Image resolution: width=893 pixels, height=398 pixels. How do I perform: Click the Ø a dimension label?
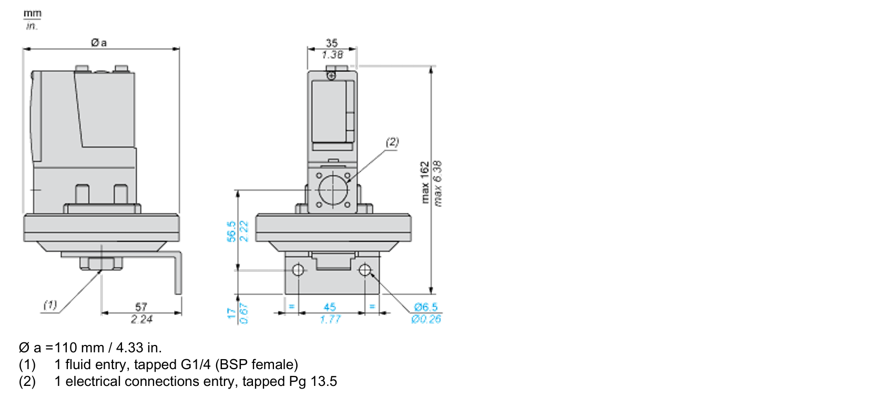[99, 43]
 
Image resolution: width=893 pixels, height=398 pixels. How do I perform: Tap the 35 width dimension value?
[332, 43]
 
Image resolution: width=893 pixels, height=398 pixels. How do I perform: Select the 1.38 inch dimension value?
[332, 55]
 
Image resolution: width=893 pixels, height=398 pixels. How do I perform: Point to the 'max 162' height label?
[425, 183]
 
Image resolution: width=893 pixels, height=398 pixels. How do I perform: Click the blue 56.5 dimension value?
[231, 231]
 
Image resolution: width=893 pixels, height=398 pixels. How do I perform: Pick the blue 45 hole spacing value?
[330, 307]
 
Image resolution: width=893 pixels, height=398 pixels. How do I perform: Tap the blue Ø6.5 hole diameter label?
[426, 307]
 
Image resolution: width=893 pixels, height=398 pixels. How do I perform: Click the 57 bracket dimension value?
[141, 307]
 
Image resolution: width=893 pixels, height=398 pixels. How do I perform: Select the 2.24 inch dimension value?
[141, 319]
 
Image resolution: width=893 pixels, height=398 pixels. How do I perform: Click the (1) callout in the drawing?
[50, 305]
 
